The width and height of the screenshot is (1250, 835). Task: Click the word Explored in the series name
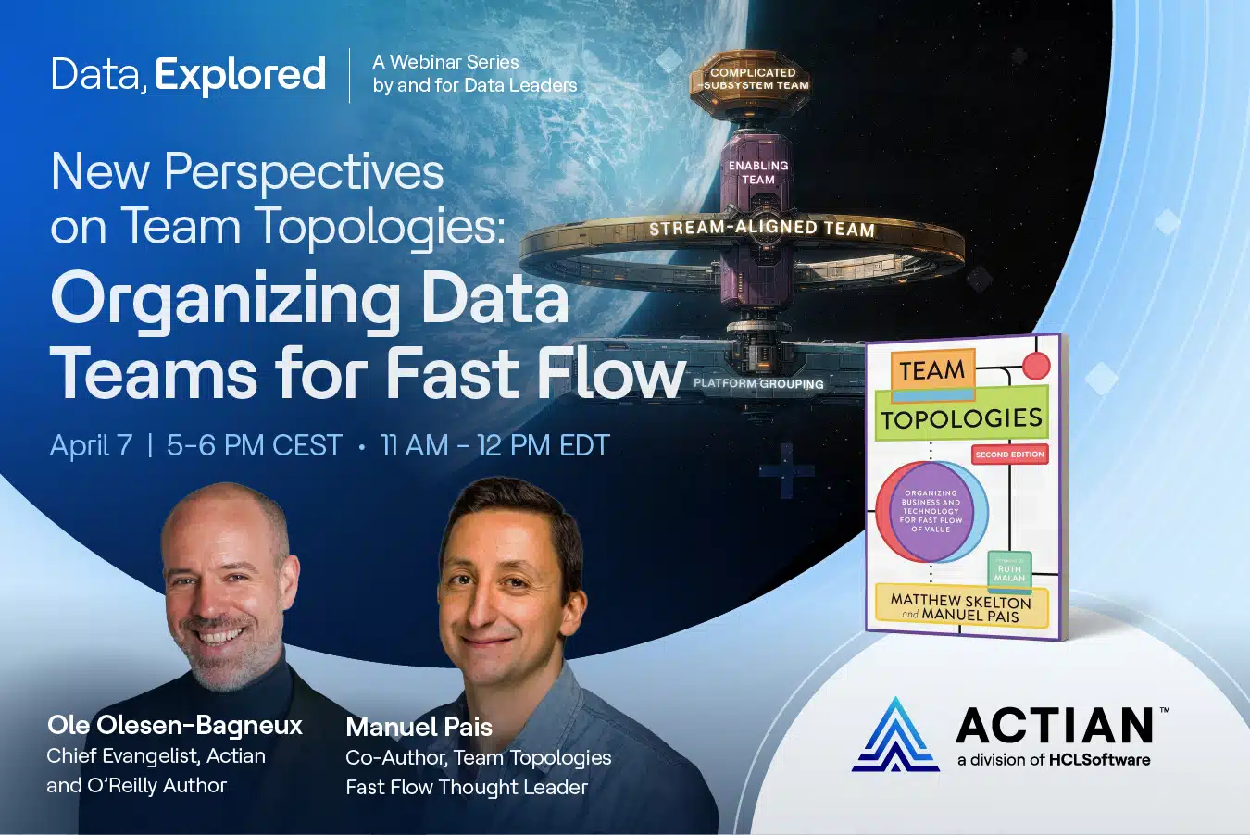click(240, 75)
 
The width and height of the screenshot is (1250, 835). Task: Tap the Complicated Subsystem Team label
click(753, 79)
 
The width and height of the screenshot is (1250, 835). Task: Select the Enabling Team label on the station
click(757, 172)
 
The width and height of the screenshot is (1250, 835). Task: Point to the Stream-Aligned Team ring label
click(762, 228)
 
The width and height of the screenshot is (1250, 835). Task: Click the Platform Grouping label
click(758, 384)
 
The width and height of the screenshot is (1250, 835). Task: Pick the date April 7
click(91, 445)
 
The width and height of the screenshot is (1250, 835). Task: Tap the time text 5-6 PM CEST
click(255, 445)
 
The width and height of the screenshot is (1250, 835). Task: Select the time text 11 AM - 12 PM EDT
click(495, 445)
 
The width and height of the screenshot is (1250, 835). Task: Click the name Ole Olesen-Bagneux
click(175, 725)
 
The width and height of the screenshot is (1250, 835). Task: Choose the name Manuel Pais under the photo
click(419, 727)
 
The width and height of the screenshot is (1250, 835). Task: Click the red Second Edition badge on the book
click(1009, 454)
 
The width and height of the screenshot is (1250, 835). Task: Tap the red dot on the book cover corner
click(1036, 367)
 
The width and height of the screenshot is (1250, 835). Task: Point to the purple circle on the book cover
click(931, 512)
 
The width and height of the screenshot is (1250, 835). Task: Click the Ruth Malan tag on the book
click(1009, 571)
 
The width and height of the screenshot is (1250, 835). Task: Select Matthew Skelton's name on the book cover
click(960, 601)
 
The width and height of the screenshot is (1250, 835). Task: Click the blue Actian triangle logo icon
click(895, 735)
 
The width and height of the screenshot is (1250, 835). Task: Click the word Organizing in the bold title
click(225, 300)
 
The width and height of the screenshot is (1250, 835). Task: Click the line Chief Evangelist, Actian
click(156, 756)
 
